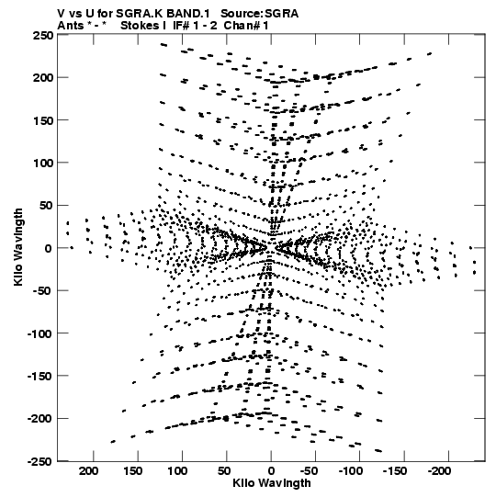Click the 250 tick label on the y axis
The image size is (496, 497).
point(43,36)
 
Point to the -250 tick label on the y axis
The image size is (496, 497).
point(40,461)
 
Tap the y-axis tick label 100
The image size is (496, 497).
point(43,163)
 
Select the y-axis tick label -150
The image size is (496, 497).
point(40,377)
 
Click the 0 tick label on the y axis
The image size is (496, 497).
point(48,248)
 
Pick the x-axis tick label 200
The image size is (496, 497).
point(89,471)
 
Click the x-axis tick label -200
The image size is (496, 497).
point(439,471)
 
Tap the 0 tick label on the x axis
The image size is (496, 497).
point(271,471)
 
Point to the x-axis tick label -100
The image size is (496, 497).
point(351,471)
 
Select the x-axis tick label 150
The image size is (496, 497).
point(133,471)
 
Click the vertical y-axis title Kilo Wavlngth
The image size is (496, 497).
point(18,247)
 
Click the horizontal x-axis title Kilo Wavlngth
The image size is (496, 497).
point(272,483)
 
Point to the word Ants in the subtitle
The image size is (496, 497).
point(71,26)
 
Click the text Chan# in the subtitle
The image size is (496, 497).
point(242,26)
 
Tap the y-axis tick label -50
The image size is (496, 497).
point(43,291)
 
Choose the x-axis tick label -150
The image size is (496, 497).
point(395,471)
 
